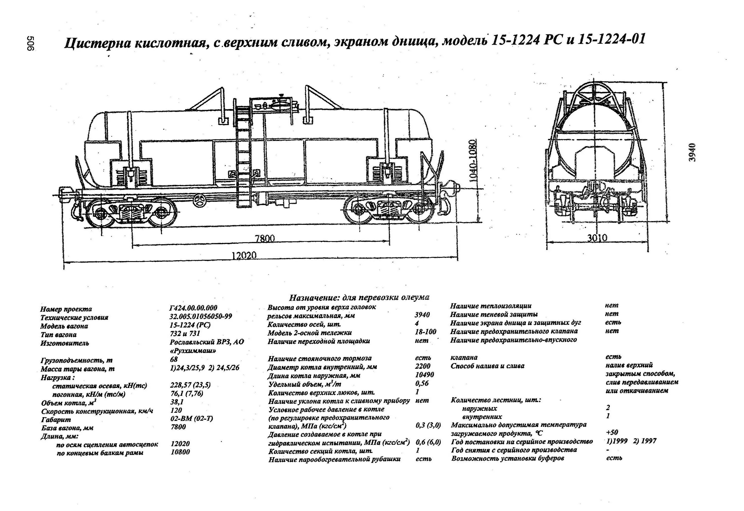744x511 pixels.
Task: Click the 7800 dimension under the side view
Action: pos(265,238)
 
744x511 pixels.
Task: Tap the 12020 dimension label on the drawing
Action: pos(244,255)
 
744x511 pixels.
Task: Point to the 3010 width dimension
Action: pos(597,238)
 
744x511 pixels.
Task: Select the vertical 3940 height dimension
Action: pos(692,152)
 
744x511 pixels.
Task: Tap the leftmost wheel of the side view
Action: pos(100,212)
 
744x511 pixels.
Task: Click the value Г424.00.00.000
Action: pos(193,308)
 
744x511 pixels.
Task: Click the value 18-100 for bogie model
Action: pos(426,332)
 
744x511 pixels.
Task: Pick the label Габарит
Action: pos(56,420)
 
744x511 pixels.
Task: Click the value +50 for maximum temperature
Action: pos(612,432)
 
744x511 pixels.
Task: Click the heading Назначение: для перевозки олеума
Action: pos(359,298)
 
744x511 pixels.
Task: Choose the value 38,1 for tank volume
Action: pos(177,402)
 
